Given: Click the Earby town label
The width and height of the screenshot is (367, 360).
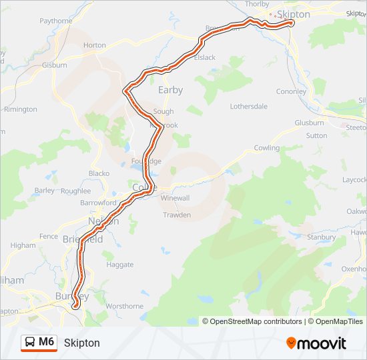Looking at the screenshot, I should (x=170, y=90).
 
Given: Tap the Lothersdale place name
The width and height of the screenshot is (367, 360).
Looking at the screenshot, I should (x=248, y=106).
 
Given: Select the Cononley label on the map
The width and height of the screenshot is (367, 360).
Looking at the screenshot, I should (x=291, y=92).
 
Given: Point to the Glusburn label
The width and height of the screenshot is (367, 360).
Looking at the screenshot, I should (x=309, y=123).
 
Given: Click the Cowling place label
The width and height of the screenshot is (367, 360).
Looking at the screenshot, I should (x=267, y=147).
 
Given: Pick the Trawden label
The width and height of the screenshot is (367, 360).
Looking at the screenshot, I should (x=177, y=215).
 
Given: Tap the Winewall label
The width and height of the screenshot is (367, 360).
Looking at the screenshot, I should (x=175, y=198).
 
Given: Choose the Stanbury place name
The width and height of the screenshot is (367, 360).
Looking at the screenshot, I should (x=320, y=237).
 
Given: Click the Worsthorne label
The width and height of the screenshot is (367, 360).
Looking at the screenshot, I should (x=124, y=306).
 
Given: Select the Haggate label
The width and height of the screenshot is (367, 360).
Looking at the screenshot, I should (x=120, y=265).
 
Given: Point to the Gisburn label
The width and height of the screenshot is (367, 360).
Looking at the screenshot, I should (x=55, y=65).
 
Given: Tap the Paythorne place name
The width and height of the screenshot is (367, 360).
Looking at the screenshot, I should (x=56, y=21).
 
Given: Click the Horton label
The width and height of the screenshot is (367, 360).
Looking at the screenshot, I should (x=95, y=45).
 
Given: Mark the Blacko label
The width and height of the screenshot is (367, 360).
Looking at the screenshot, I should (x=99, y=173).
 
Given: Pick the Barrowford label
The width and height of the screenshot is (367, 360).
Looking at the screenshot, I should (x=98, y=203).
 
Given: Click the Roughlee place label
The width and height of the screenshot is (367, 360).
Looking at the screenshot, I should (x=75, y=190).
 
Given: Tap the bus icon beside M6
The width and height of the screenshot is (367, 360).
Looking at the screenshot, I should (x=31, y=343).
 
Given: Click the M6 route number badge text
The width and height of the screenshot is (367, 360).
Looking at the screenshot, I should (x=46, y=342).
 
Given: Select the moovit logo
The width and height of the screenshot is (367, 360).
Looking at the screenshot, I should (x=316, y=343).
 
